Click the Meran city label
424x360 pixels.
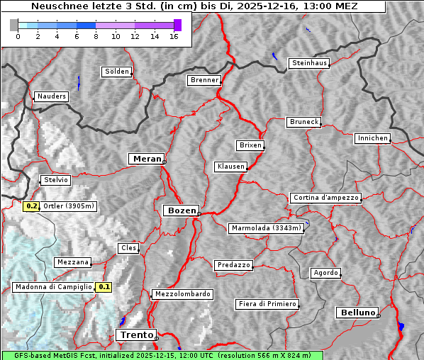147,159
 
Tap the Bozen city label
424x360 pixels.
181,210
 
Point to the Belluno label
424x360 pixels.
357,312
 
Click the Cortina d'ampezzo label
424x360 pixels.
325,198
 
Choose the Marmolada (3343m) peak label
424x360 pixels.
267,228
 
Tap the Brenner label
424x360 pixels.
205,80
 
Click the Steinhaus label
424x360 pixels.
310,63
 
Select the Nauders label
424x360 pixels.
52,96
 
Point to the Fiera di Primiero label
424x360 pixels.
267,304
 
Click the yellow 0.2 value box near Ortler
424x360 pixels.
31,206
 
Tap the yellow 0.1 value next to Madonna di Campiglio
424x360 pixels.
104,287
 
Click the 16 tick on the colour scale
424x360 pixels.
174,37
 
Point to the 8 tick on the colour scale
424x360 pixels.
96,37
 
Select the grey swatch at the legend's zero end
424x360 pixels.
14,26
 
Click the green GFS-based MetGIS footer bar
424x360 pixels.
162,355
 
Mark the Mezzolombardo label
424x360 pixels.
182,294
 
